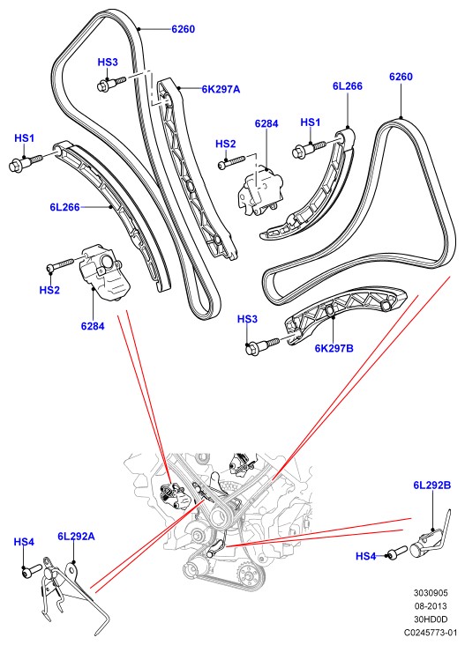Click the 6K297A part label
[x=221, y=89]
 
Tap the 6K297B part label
[x=334, y=348]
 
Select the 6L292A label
[x=76, y=537]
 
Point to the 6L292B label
[x=432, y=486]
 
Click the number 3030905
[x=431, y=593]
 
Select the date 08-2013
[x=431, y=606]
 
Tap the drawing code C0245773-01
[x=431, y=633]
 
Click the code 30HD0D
[x=431, y=619]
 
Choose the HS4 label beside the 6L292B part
[x=366, y=557]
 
